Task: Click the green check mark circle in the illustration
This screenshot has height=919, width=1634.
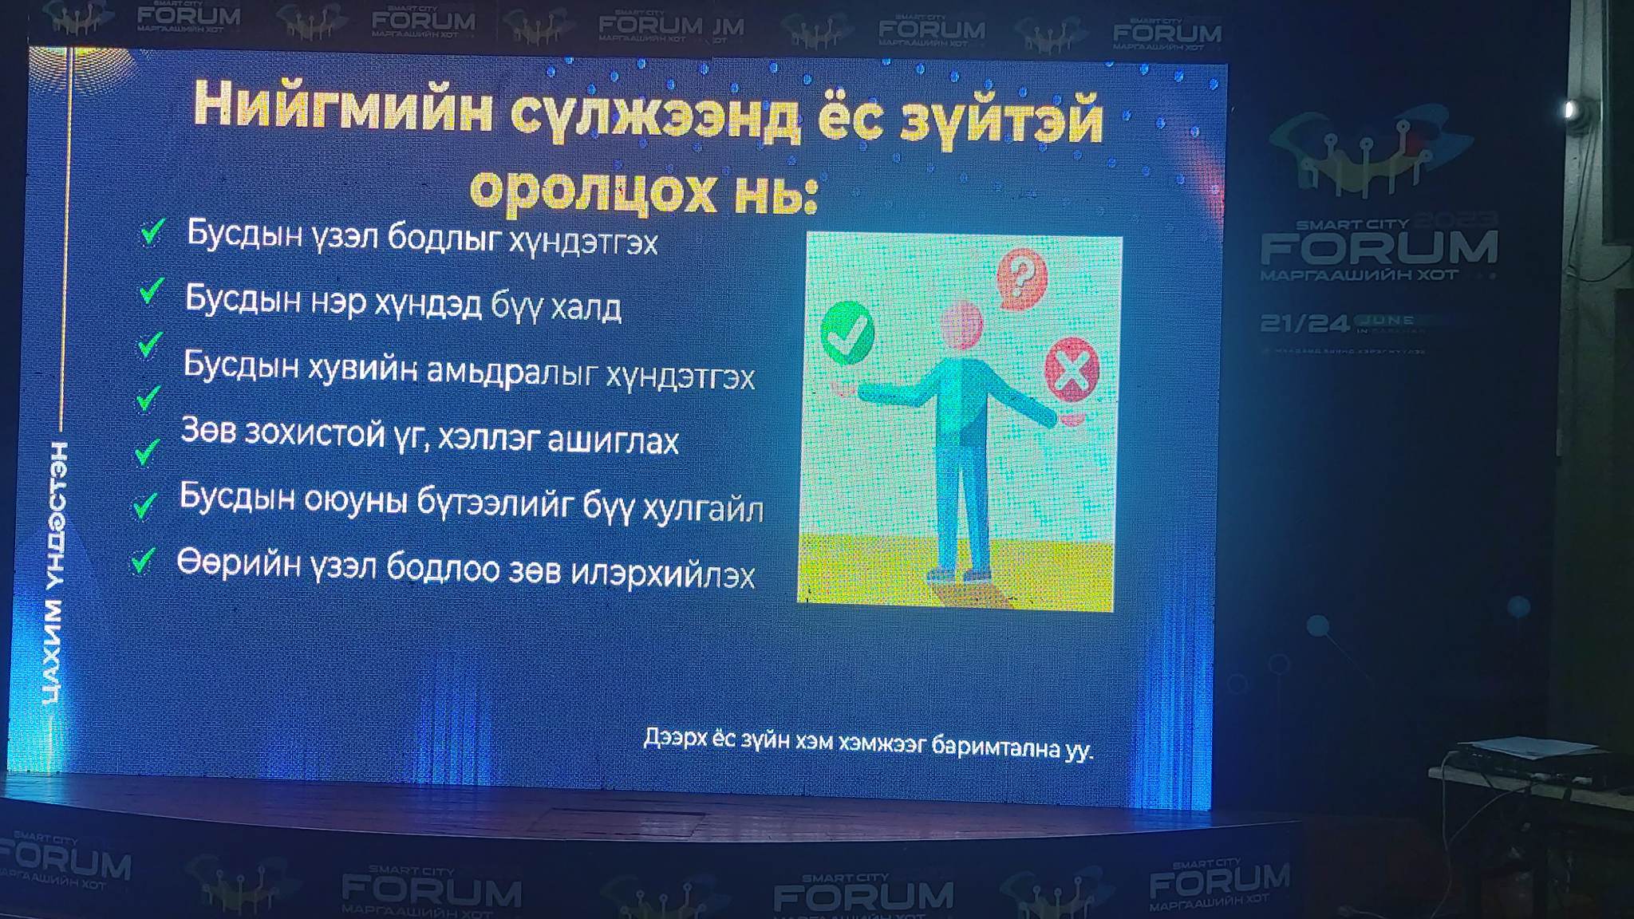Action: tap(847, 333)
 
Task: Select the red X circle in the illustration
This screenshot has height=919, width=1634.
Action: tap(1072, 369)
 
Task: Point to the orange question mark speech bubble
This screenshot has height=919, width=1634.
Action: tap(1021, 278)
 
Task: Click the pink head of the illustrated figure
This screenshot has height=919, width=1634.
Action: tap(961, 324)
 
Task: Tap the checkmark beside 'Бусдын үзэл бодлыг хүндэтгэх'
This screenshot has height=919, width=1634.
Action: tap(152, 232)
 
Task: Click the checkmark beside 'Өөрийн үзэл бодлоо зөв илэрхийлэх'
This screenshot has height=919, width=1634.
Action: tap(143, 561)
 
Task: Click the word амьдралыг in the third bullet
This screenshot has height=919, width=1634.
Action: tap(511, 371)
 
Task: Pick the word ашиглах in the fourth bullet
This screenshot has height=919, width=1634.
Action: tap(612, 440)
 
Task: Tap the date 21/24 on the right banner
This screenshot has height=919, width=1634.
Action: tap(1304, 323)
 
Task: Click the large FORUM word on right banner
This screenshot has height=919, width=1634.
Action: tap(1379, 248)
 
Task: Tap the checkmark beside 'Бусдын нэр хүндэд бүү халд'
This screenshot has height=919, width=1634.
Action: tap(151, 290)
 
